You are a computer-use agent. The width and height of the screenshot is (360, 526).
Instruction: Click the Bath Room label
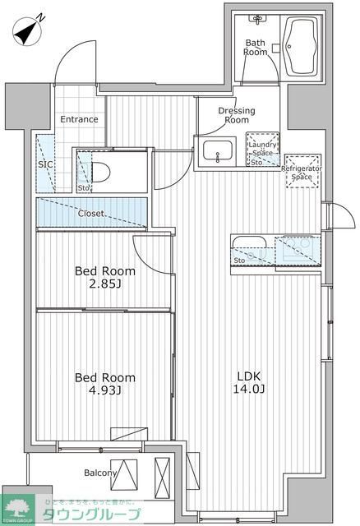[256, 47]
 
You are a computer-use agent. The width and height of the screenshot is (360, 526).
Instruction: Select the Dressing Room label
[236, 115]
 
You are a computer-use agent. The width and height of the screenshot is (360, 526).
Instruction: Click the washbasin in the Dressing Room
[218, 151]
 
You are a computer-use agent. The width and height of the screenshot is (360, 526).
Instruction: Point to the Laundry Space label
[262, 148]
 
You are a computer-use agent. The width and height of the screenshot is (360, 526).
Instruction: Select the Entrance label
[79, 119]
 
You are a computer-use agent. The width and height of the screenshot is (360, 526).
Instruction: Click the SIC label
[45, 164]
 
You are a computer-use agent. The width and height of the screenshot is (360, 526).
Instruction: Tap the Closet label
[90, 214]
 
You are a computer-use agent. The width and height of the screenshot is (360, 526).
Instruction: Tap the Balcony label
[100, 473]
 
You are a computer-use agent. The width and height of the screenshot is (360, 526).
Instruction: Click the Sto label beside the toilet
[84, 187]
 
